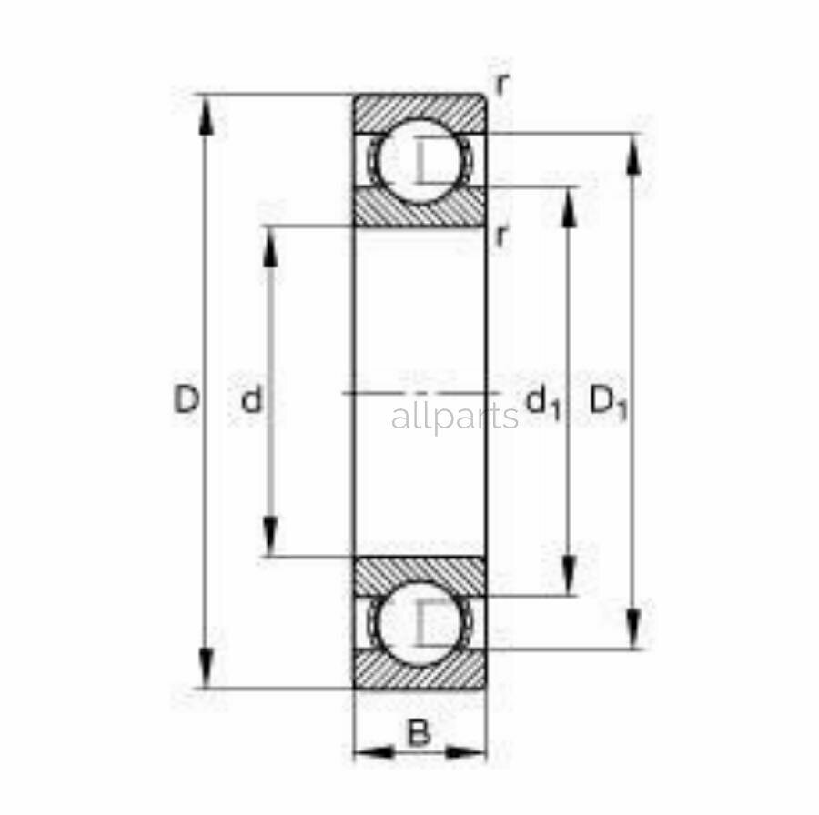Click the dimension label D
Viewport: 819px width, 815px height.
click(x=187, y=399)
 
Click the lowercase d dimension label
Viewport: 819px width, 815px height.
click(x=251, y=399)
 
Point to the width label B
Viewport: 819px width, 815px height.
click(x=419, y=732)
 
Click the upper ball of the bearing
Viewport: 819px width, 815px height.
click(x=419, y=160)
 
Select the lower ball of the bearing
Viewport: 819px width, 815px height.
click(x=418, y=624)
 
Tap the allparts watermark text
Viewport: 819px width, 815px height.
click(x=454, y=418)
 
